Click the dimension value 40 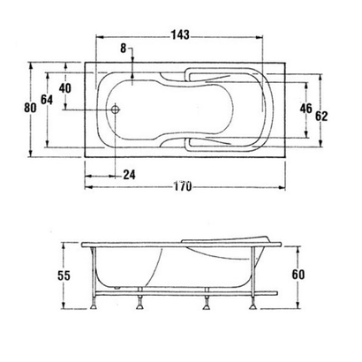[64, 87]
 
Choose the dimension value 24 [129, 174]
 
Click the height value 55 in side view [63, 276]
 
